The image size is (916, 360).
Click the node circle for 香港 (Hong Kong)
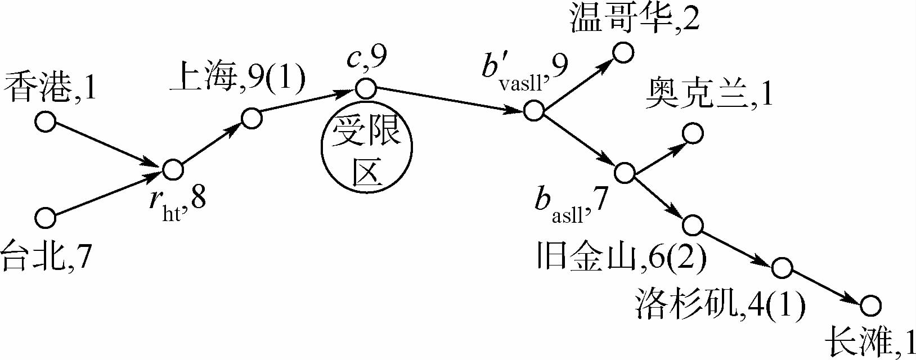(46, 121)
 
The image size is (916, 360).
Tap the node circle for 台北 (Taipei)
(46, 218)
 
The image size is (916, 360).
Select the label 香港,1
(50, 88)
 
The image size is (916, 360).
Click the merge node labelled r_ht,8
(173, 169)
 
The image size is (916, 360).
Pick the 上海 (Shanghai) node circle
(252, 118)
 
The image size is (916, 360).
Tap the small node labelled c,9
(366, 88)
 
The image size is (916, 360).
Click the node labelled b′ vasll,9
(533, 110)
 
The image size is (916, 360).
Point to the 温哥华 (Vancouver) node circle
(623, 52)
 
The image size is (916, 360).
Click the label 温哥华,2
(635, 18)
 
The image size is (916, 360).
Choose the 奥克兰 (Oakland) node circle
(693, 133)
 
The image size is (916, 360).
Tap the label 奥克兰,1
(709, 93)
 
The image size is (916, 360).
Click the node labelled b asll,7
(625, 173)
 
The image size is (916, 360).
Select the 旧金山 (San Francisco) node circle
(693, 225)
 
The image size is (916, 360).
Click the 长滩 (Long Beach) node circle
(870, 305)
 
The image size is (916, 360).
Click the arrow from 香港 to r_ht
(107, 145)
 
